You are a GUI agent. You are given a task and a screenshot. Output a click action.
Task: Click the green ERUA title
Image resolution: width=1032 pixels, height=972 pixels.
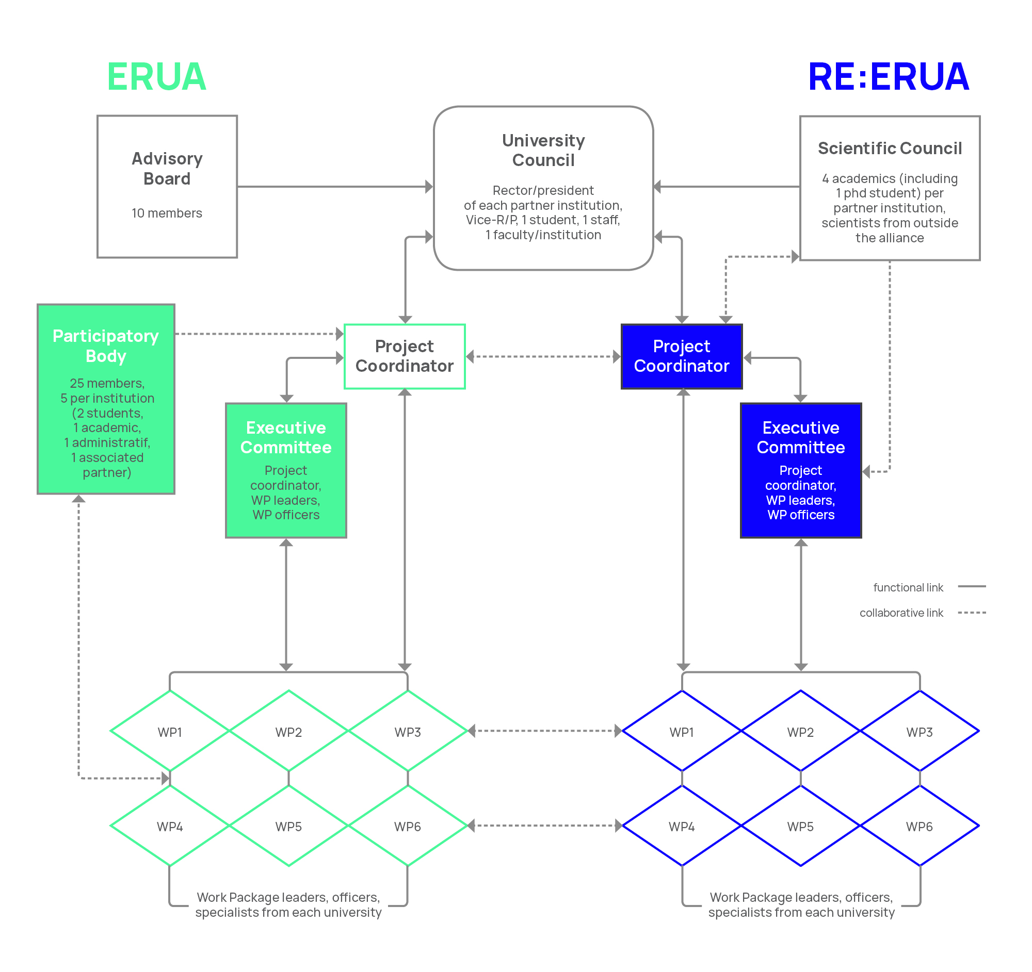156,77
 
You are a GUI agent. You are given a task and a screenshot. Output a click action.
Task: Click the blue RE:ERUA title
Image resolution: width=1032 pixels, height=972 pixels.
888,77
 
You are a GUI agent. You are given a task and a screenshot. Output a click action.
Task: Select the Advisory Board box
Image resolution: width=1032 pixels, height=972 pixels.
167,186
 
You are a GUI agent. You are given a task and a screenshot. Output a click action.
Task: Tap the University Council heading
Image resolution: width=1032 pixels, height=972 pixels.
543,151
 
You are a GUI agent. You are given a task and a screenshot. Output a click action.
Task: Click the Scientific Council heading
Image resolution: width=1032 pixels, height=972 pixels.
890,149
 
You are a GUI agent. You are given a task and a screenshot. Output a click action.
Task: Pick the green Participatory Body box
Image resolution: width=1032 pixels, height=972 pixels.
106,399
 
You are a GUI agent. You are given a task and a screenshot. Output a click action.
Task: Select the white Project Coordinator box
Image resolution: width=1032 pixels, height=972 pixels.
405,356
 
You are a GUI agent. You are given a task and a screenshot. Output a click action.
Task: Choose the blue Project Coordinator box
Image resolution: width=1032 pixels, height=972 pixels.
682,356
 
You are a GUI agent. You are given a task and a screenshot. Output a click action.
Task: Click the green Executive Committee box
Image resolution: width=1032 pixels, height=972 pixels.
286,470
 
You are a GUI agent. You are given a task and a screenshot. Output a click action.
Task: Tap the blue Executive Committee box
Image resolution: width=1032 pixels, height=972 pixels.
800,470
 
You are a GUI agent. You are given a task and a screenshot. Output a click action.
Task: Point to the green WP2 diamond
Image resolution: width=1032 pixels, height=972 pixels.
288,732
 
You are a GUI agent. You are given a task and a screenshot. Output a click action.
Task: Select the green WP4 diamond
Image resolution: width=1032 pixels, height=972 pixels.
170,826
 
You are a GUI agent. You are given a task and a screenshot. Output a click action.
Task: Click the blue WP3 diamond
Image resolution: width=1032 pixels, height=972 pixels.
920,732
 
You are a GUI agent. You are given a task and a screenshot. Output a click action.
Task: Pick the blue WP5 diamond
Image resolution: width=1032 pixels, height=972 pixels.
800,826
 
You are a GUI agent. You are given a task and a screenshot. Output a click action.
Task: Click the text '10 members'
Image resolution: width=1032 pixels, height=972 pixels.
167,213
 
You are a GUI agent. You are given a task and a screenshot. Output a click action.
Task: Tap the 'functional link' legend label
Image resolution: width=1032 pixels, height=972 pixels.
908,587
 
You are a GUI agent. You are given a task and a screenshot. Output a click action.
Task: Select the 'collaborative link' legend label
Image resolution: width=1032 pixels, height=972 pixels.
901,613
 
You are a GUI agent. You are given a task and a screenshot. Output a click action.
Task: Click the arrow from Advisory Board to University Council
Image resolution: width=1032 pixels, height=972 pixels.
335,186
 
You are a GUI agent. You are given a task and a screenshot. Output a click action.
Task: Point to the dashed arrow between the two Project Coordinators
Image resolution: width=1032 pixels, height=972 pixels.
543,356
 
